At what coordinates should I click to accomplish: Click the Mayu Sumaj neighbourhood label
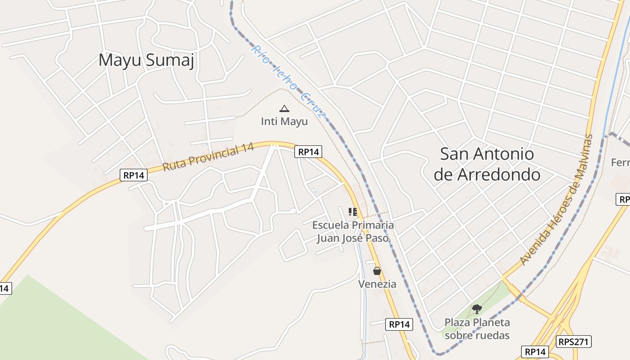click(x=146, y=60)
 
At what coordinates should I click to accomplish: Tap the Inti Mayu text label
click(x=284, y=121)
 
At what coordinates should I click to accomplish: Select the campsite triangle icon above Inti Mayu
click(x=284, y=108)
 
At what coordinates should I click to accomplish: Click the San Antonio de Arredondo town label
click(x=487, y=164)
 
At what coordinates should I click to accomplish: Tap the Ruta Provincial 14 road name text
click(x=208, y=157)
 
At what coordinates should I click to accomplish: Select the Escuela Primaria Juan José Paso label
click(x=353, y=231)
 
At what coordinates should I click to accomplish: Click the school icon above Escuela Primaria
click(x=353, y=211)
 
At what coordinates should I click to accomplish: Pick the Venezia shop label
click(x=377, y=284)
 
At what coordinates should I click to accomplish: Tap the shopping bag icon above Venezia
click(x=377, y=271)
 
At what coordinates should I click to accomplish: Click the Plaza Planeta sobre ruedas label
click(x=477, y=329)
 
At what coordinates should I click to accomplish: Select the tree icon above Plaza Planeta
click(x=477, y=309)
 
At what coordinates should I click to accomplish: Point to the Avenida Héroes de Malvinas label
click(x=556, y=199)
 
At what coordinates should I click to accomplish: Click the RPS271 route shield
click(x=573, y=342)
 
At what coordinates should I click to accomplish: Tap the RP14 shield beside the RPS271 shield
click(x=535, y=351)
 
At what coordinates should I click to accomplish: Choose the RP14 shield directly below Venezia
click(x=399, y=324)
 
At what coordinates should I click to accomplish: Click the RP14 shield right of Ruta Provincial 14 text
click(x=308, y=152)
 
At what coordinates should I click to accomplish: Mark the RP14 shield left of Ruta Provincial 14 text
click(x=134, y=175)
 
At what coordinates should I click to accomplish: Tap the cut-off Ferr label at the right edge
click(x=621, y=162)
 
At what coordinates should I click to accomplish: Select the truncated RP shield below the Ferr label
click(x=623, y=199)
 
